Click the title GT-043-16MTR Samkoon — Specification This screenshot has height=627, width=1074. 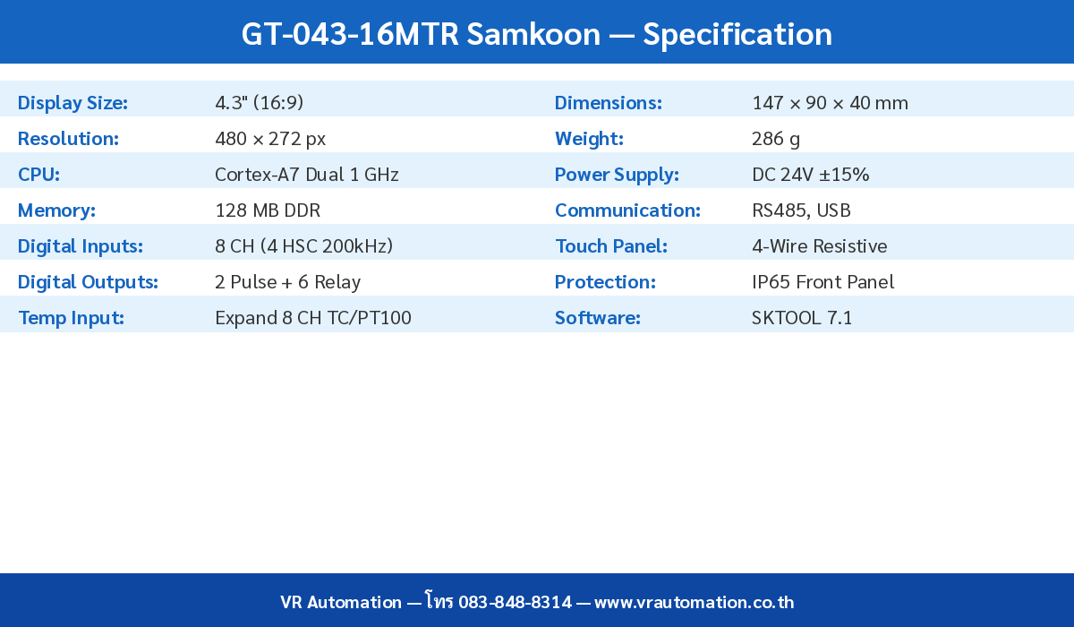[x=537, y=34]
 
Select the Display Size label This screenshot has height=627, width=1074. [x=72, y=103]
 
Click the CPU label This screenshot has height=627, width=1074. [x=38, y=175]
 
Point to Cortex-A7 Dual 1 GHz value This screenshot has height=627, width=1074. [x=307, y=175]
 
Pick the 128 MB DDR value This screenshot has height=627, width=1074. [x=268, y=210]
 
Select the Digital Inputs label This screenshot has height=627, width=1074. [x=81, y=246]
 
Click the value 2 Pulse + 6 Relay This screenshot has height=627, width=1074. [x=287, y=282]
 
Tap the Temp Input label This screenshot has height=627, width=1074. [x=71, y=318]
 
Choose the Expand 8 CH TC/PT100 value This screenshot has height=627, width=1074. [x=313, y=318]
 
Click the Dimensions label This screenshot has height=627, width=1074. [x=609, y=103]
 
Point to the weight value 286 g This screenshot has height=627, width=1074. [x=776, y=139]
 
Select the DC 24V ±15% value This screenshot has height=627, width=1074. [x=811, y=175]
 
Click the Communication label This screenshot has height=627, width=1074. [x=627, y=210]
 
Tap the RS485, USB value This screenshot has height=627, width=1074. [x=801, y=210]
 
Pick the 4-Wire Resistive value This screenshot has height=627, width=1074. [x=820, y=246]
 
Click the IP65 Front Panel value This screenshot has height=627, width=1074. [x=823, y=282]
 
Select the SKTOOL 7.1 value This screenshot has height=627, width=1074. [x=802, y=318]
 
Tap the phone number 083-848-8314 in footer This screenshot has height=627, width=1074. [x=515, y=602]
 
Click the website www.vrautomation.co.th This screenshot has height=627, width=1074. [x=694, y=602]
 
